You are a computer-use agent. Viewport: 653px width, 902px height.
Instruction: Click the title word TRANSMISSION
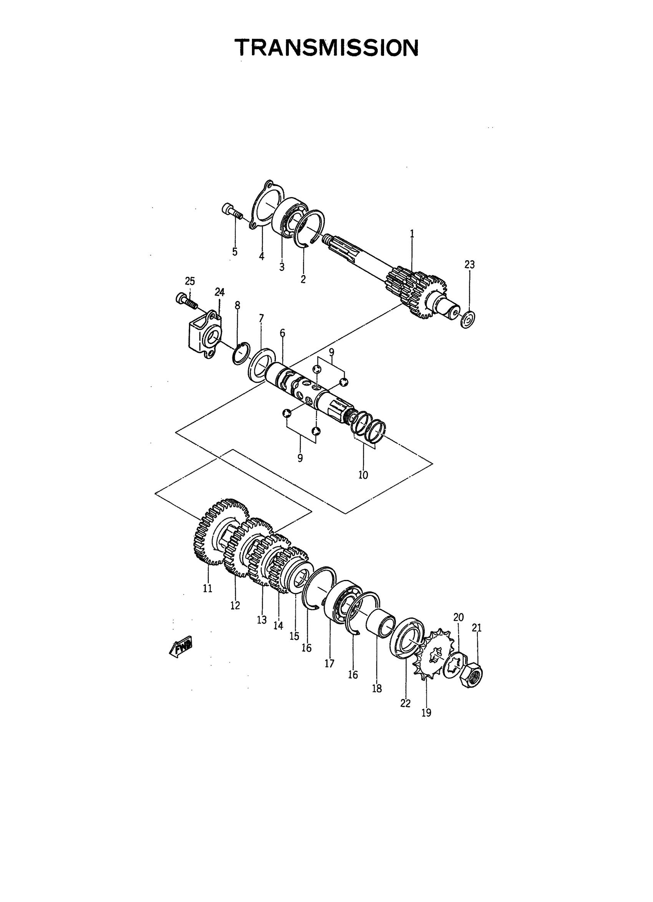coord(326,48)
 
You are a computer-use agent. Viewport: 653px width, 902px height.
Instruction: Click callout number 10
coord(363,475)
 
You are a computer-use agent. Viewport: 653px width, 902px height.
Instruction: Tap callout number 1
coord(412,234)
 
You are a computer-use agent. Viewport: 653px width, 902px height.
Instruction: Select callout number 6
coord(282,333)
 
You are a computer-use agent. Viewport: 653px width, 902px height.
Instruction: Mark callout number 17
coord(329,663)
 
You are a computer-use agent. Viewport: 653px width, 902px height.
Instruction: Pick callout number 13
coord(262,620)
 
